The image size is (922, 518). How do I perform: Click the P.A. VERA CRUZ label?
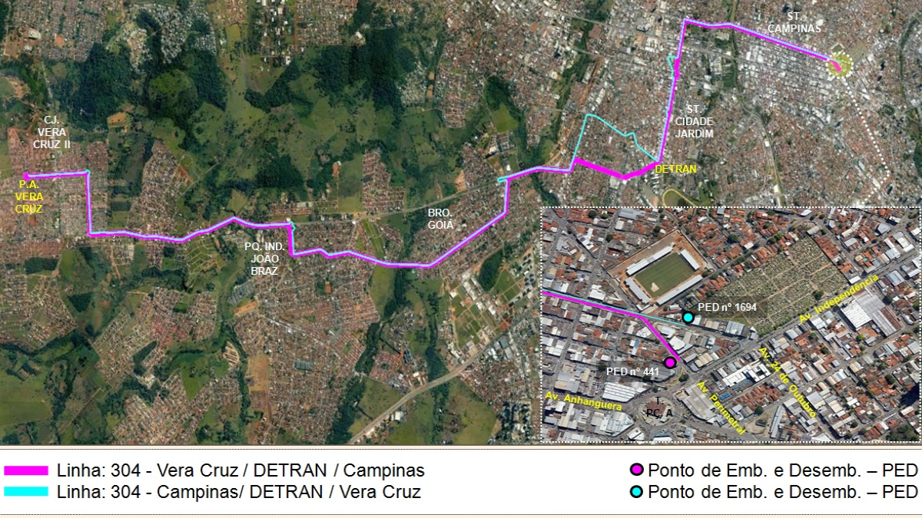(x=29, y=196)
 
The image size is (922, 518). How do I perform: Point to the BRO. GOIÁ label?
(x=441, y=219)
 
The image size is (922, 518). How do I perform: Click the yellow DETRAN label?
(x=675, y=169)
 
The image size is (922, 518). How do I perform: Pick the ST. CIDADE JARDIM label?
(x=695, y=121)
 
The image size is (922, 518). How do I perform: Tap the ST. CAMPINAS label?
(x=794, y=22)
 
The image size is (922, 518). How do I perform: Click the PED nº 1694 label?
(x=727, y=308)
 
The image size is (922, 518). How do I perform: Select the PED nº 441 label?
(x=633, y=371)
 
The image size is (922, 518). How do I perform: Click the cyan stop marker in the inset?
(x=688, y=318)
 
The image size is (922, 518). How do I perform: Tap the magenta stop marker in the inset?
(x=670, y=362)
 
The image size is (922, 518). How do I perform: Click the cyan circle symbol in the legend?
(x=636, y=491)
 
